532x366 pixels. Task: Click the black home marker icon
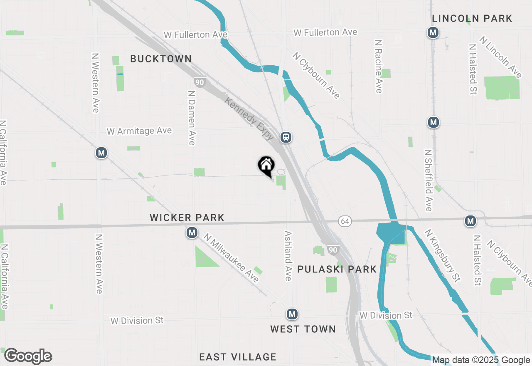[266, 166]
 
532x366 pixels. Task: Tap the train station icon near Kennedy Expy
[286, 137]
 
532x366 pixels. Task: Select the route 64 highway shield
[345, 221]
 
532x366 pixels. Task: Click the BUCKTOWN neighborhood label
[161, 59]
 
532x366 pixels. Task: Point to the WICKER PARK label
[187, 218]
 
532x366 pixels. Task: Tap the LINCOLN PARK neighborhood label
[472, 19]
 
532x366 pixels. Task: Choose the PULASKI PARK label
[337, 269]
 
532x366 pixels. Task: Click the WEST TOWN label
[303, 329]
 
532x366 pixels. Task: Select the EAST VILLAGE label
[238, 357]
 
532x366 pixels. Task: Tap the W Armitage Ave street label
[139, 131]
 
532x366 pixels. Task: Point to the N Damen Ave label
[192, 118]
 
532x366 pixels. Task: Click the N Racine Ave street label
[378, 67]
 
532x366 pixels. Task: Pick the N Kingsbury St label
[443, 255]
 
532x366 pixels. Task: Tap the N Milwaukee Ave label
[232, 258]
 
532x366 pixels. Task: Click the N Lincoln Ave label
[500, 57]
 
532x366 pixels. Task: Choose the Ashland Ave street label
[288, 255]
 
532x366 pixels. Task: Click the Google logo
[28, 356]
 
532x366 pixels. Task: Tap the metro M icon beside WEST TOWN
[292, 314]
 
